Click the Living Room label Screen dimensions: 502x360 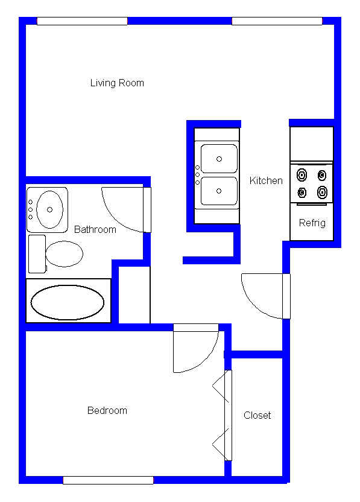tap(117, 83)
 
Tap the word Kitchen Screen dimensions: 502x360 tap(266, 180)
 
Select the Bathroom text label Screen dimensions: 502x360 tap(95, 229)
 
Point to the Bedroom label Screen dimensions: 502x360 tap(107, 410)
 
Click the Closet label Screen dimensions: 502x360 tap(257, 415)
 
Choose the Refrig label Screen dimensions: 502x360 tap(312, 223)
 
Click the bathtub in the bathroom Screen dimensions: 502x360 tap(67, 302)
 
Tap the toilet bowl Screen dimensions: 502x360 tap(64, 254)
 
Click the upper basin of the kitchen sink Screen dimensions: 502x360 tap(218, 159)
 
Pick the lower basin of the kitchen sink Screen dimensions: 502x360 tap(218, 191)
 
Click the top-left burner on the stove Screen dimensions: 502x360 tap(302, 176)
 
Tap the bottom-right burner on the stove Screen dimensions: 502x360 tap(323, 192)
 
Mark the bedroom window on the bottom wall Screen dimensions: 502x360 tap(108, 480)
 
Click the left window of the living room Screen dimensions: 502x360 tap(82, 21)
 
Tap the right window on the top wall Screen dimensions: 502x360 tap(277, 21)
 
